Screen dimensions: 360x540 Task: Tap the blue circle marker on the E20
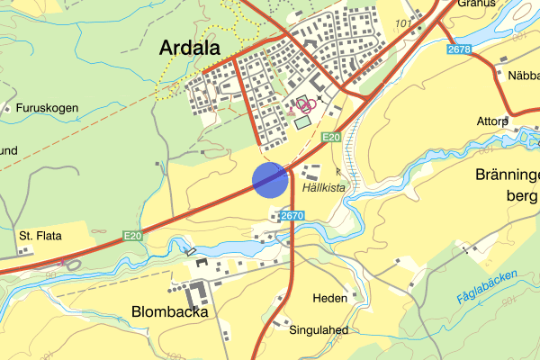[x=270, y=179]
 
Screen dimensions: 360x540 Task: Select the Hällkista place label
[x=324, y=188]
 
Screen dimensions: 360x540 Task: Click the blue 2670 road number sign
[x=292, y=216]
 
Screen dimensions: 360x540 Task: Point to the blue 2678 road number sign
[x=459, y=49]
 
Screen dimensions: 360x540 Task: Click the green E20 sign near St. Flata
[x=133, y=236]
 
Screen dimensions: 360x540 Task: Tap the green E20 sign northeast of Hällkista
[x=331, y=137]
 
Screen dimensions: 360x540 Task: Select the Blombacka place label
[x=170, y=312]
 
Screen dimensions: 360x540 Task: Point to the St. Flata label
[x=40, y=236]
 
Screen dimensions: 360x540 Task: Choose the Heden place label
[x=329, y=298]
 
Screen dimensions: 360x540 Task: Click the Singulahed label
[x=319, y=330]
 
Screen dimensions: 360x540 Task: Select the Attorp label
[x=492, y=121]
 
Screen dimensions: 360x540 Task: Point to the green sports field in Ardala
[x=302, y=121]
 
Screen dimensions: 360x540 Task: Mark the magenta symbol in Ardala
[x=305, y=104]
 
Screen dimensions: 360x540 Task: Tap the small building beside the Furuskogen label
[x=7, y=108]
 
